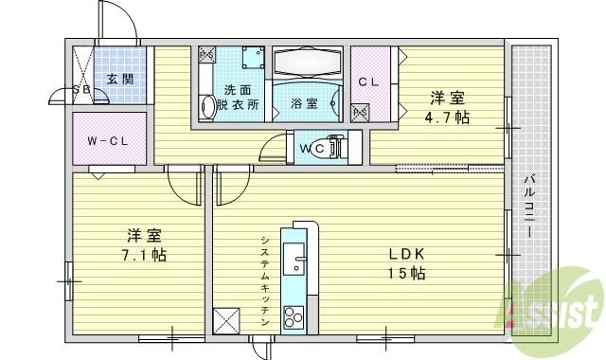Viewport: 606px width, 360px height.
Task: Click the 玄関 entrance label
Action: [119, 79]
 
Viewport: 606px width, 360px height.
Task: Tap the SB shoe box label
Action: [81, 91]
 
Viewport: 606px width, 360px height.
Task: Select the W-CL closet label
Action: [108, 141]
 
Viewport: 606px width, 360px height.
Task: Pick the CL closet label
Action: [368, 81]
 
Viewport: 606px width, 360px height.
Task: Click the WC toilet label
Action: [314, 149]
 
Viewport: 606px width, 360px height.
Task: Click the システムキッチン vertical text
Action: [266, 280]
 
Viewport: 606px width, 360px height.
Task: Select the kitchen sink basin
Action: [295, 262]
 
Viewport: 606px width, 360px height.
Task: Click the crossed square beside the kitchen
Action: [227, 320]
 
